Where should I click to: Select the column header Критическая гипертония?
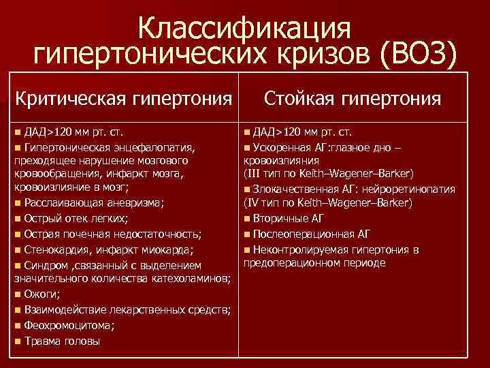click(x=123, y=100)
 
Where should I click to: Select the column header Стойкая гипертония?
click(x=353, y=100)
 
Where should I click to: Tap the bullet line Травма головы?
click(x=61, y=341)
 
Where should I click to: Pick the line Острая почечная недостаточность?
click(x=112, y=234)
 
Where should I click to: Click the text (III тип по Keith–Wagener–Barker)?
click(x=327, y=173)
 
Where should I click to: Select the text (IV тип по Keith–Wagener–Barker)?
click(x=327, y=203)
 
